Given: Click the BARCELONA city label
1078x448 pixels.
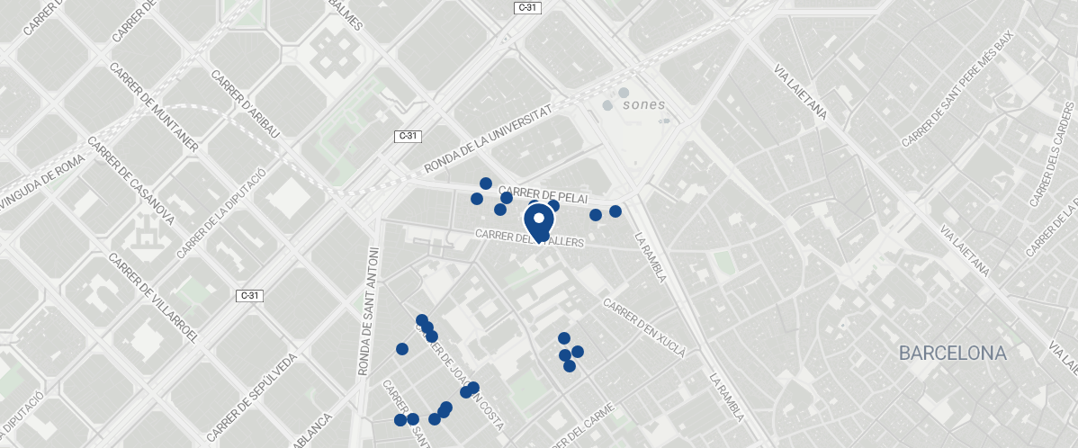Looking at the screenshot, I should pos(952,354).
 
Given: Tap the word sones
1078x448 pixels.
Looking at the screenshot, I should pos(643,105).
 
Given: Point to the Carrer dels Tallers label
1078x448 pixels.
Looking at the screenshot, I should pos(530,238).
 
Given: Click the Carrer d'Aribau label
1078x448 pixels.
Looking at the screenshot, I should pos(246,104).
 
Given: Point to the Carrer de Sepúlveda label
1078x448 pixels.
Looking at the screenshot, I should pos(252,396).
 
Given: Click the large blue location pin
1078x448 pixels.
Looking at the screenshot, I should pos(539,221).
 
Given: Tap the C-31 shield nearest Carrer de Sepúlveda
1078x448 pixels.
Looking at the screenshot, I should pos(249,295).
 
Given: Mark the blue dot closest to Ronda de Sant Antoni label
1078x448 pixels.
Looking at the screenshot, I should pos(401,349).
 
